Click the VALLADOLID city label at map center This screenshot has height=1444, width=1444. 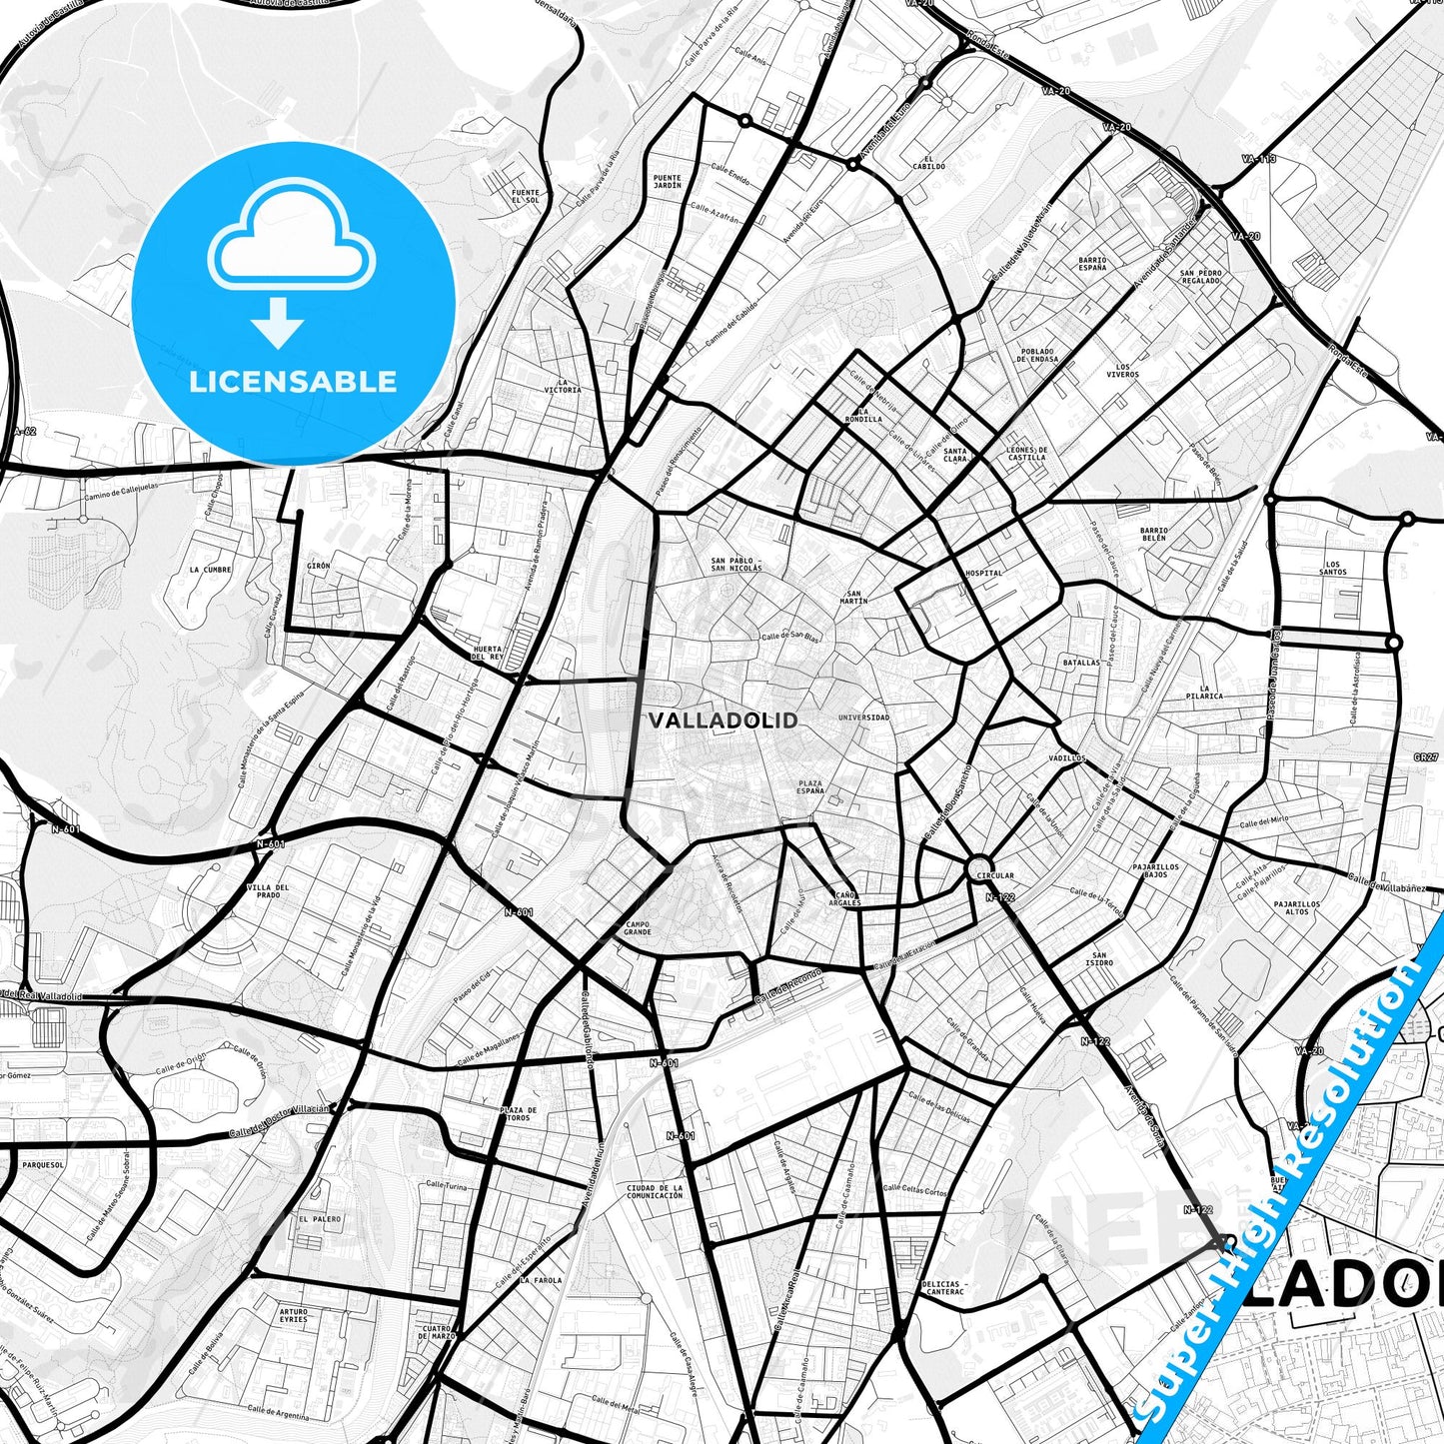click(723, 721)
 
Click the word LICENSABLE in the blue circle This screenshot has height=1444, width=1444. click(293, 381)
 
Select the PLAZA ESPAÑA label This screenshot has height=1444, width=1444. click(810, 786)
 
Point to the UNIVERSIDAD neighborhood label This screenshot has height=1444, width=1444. click(863, 718)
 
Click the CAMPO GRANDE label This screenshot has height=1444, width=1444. click(638, 927)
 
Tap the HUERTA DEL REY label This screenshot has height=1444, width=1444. click(487, 653)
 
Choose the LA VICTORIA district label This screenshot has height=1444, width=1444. click(563, 386)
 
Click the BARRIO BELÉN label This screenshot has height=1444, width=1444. click(1154, 534)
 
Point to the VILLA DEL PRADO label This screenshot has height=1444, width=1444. click(268, 891)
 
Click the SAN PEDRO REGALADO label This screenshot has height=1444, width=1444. click(1200, 276)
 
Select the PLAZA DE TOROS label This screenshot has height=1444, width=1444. click(519, 1113)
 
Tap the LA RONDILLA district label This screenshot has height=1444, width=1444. click(862, 415)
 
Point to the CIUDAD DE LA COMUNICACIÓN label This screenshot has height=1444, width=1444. click(655, 1191)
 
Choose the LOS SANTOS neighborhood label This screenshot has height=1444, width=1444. click(1332, 568)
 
